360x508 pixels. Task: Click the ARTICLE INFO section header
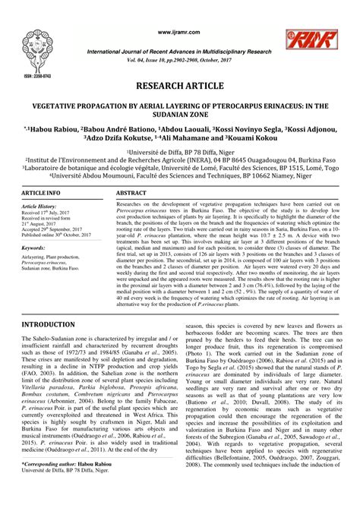(30, 195)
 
